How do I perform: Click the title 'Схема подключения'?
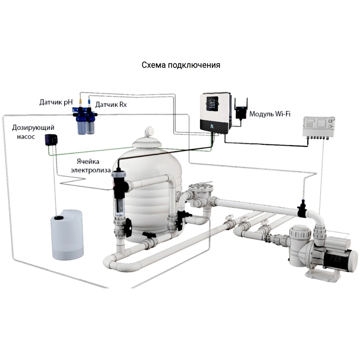[x=181, y=65]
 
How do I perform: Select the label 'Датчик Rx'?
[x=111, y=105]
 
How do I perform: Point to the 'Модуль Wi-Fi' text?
[x=270, y=114]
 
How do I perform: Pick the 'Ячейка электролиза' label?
[x=92, y=166]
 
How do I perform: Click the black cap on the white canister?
[x=59, y=217]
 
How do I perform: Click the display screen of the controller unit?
[x=212, y=104]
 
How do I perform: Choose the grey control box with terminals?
[x=319, y=127]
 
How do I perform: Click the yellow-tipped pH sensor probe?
[x=80, y=101]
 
